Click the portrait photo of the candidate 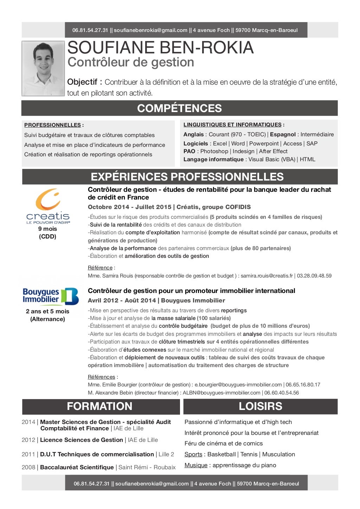(x=43, y=68)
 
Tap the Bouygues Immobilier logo (x=51, y=296)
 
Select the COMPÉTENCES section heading (x=179, y=108)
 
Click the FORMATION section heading (x=99, y=406)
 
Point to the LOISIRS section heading (x=260, y=406)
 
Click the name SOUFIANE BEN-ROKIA (x=160, y=48)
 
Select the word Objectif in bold (x=82, y=82)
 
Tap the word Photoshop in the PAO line (x=214, y=151)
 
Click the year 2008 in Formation (x=28, y=468)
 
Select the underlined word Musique (x=196, y=465)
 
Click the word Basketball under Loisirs (x=221, y=455)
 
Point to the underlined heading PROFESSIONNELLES (x=52, y=125)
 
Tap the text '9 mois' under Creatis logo (x=47, y=229)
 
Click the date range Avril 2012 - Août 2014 (x=122, y=301)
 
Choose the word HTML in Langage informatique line (x=307, y=159)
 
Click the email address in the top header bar (x=150, y=30)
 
